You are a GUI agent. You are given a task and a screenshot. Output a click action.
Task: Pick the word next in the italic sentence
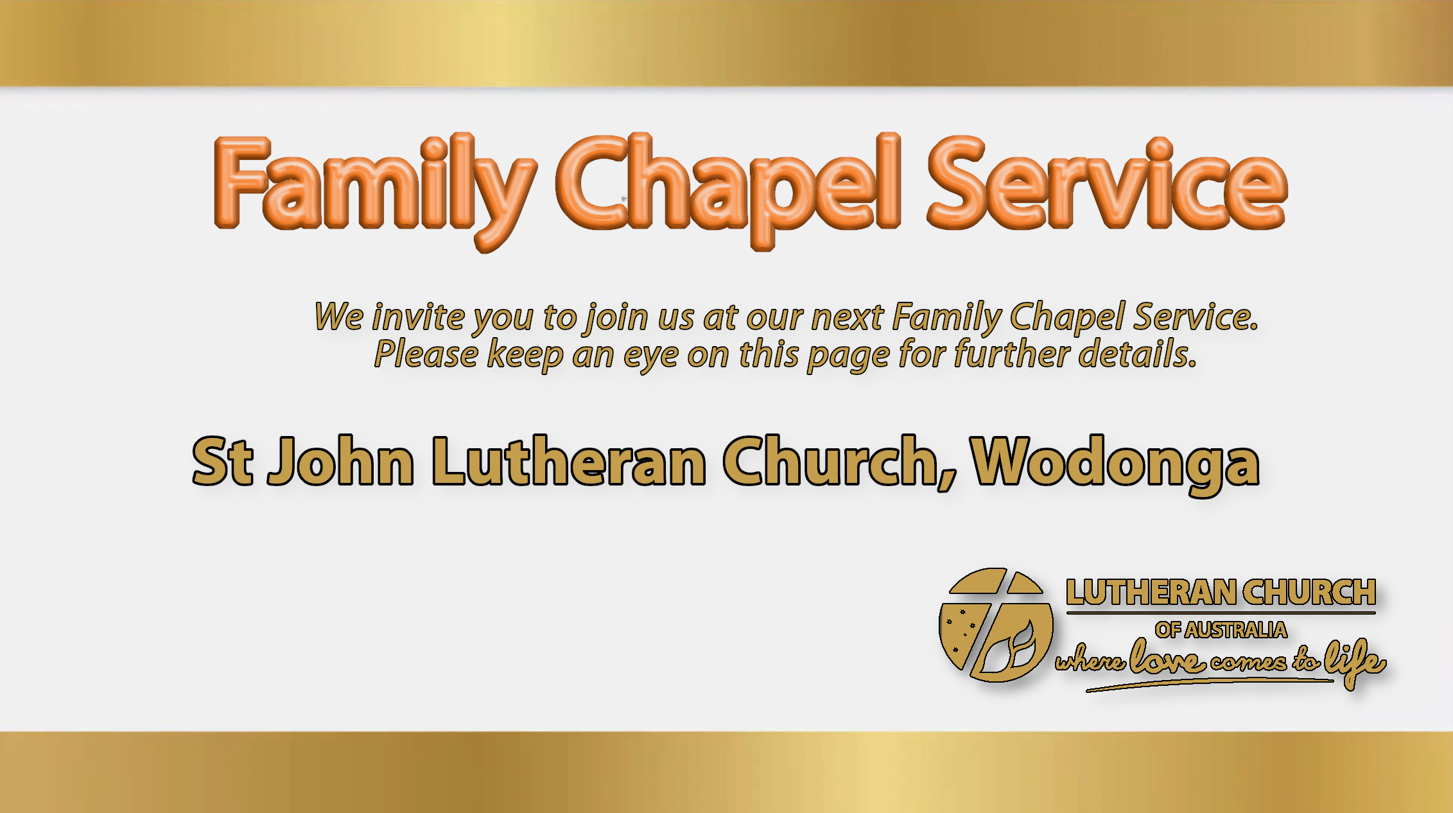click(x=848, y=317)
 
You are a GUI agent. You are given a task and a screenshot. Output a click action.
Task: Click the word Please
click(x=426, y=354)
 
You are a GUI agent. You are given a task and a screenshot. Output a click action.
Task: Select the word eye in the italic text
click(x=650, y=357)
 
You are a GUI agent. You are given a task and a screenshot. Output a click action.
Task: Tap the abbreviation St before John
click(x=222, y=461)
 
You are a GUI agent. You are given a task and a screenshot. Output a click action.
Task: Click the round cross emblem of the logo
click(x=996, y=625)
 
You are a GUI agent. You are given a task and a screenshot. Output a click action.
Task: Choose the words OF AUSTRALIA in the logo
click(x=1221, y=630)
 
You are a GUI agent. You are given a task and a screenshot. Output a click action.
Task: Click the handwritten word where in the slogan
click(x=1090, y=659)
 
